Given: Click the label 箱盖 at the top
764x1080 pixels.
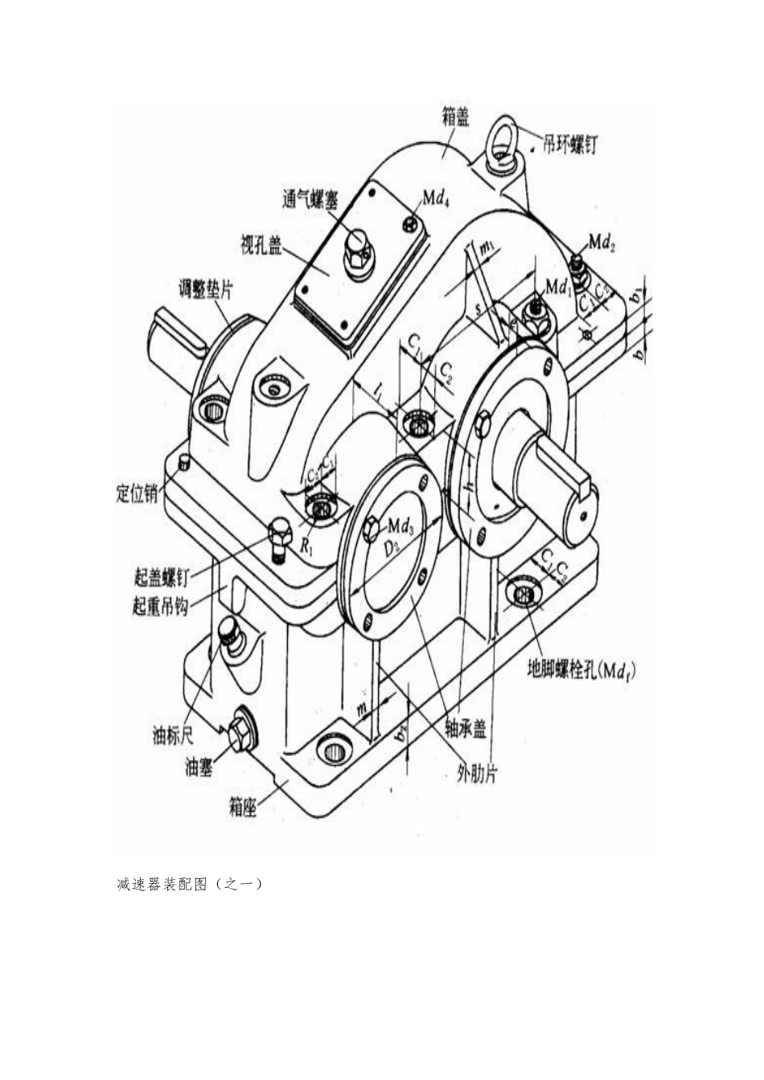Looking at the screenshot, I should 455,118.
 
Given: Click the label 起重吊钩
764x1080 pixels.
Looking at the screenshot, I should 160,606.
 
